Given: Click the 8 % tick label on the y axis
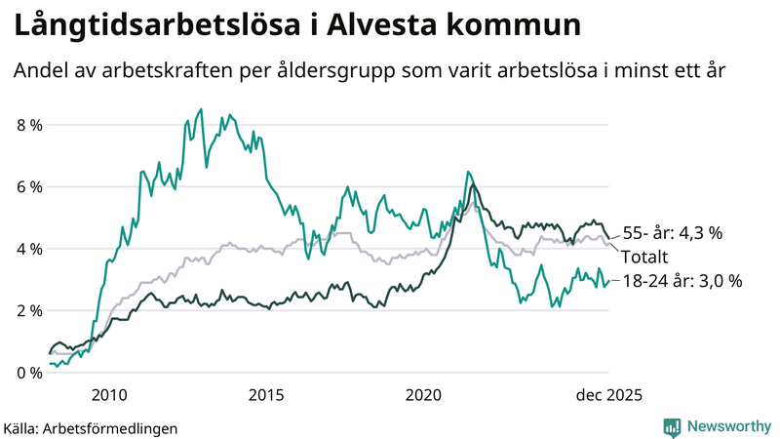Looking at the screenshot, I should coord(29,125).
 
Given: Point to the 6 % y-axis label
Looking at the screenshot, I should coord(29,186).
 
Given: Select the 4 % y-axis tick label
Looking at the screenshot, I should coord(29,249).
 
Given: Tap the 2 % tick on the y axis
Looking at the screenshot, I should coord(29,310).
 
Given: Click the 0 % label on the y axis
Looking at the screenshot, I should coord(29,373).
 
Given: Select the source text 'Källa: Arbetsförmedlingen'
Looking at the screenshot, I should coord(91,428).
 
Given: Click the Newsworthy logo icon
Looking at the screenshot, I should coord(672,426).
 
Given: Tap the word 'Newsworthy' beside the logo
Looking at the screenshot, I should coord(728,426).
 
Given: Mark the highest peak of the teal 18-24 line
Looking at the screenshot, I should coord(201,109).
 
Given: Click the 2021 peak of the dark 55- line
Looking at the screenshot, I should coord(473,184).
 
